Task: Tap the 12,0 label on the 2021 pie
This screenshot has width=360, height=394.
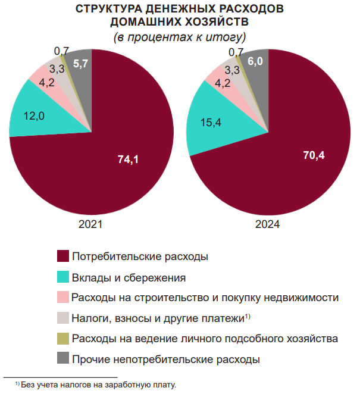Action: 34,116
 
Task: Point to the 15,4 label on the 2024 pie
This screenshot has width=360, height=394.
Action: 211,123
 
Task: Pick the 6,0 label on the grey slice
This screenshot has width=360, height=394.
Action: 256,62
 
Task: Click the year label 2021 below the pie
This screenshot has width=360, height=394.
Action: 90,225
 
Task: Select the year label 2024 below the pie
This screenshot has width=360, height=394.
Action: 268,225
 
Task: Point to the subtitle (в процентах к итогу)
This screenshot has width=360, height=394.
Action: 180,37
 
